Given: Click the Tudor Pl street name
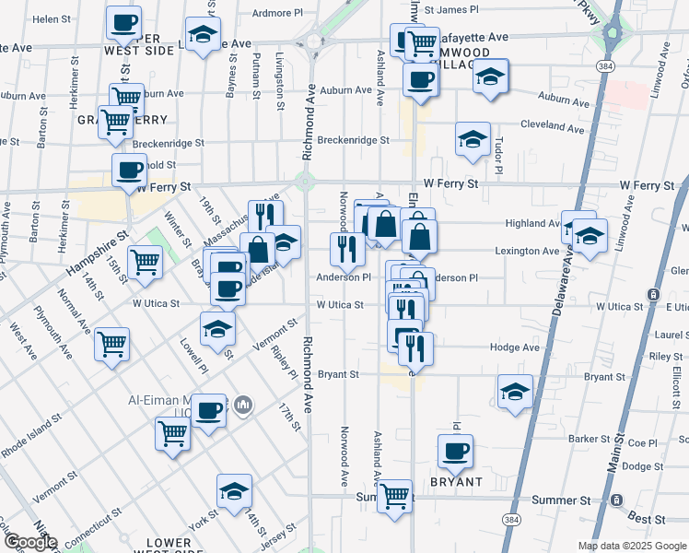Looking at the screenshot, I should point(497,157).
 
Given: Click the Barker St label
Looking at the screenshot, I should point(590,440).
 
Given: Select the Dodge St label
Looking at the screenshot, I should point(636,466).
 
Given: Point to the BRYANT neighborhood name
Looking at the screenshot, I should point(455,482).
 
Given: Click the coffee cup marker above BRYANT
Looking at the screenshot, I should point(455,452).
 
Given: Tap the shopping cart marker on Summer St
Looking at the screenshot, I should point(395,496).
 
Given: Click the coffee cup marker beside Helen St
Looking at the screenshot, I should point(123,23).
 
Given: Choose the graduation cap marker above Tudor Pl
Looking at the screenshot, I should point(473,139).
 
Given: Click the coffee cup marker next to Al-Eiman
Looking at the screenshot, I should point(210,408).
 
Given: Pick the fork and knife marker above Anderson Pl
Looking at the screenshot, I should point(347,249).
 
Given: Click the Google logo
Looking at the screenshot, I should point(29,543).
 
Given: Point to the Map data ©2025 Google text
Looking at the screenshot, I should point(632,546).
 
